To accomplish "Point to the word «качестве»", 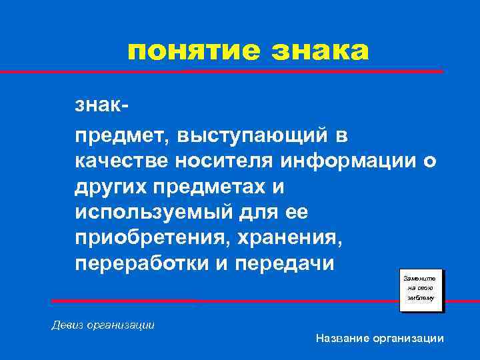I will (122, 162).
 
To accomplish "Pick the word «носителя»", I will (224, 162).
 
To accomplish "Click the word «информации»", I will (351, 162).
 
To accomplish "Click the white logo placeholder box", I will (421, 291).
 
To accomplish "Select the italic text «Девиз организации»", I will (103, 325).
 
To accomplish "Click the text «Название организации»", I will (379, 339).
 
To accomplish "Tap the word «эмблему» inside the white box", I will (421, 298).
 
